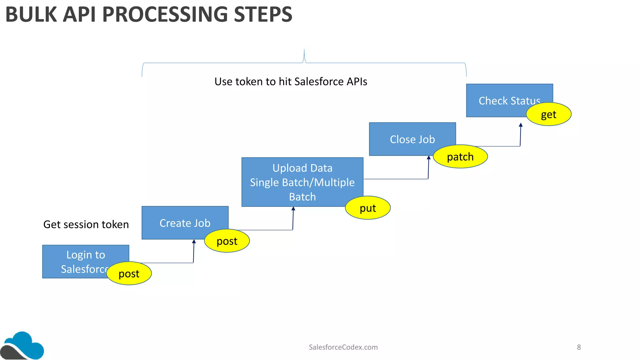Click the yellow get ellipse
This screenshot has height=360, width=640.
coord(548,114)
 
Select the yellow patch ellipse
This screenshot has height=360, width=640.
coord(460,157)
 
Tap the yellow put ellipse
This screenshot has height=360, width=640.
coord(367,208)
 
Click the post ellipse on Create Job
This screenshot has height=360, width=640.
coord(227,241)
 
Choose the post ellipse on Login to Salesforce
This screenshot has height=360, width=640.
coord(129,273)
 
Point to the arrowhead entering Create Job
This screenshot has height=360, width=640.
coord(194,242)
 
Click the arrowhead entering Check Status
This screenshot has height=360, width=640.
coord(521,125)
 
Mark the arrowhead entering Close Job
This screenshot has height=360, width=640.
coord(429,158)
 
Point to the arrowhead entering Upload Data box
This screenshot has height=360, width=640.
coord(293,209)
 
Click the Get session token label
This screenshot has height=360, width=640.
coord(86,224)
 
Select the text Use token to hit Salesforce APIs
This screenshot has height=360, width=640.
coord(291,82)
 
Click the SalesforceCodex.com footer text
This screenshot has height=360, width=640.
coord(343,347)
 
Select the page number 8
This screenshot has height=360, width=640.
coord(579,347)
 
